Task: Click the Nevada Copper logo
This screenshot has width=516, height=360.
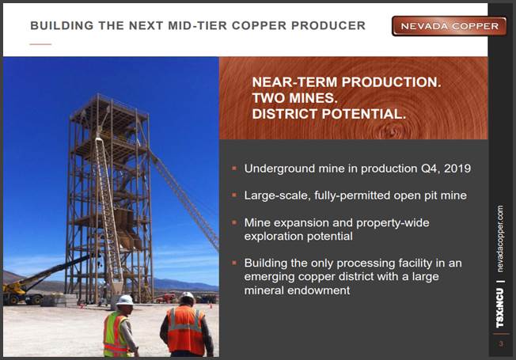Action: pyautogui.click(x=449, y=26)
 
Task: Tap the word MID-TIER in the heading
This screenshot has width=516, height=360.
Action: pyautogui.click(x=197, y=25)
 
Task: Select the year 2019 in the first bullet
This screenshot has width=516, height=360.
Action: pyautogui.click(x=457, y=169)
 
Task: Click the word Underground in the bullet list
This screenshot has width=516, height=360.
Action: pyautogui.click(x=279, y=169)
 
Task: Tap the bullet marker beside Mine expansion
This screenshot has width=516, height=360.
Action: pyautogui.click(x=234, y=222)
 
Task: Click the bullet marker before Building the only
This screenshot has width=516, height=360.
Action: pyautogui.click(x=234, y=263)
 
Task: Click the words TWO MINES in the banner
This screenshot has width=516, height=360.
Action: pyautogui.click(x=294, y=98)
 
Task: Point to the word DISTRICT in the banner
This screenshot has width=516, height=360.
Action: pyautogui.click(x=285, y=114)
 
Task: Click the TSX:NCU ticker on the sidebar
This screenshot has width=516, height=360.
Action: pyautogui.click(x=500, y=308)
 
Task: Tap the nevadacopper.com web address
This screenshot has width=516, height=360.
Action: pyautogui.click(x=500, y=239)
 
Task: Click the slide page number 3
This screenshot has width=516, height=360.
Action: pyautogui.click(x=501, y=344)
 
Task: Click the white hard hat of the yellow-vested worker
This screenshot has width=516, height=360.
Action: pyautogui.click(x=125, y=300)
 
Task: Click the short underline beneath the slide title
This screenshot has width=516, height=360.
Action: pyautogui.click(x=40, y=44)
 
